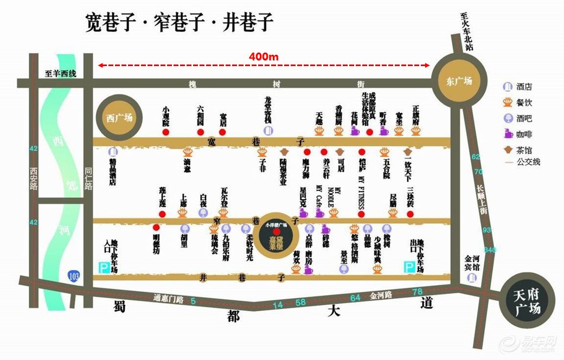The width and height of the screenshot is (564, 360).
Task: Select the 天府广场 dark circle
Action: click(x=526, y=303)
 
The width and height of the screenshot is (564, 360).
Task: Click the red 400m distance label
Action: click(x=264, y=56)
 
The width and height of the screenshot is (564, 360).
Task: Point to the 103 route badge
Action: click(x=73, y=275)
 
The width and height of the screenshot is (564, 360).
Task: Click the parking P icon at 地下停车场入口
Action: click(x=102, y=267)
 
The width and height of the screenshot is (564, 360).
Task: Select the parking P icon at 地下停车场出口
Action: click(x=410, y=267)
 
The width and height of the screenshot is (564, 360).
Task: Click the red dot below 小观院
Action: click(x=166, y=132)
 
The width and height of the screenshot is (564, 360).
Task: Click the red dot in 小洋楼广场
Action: click(x=277, y=232)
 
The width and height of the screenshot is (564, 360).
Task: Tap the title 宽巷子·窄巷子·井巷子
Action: click(x=180, y=22)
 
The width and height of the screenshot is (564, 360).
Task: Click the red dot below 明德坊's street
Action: click(x=157, y=228)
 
